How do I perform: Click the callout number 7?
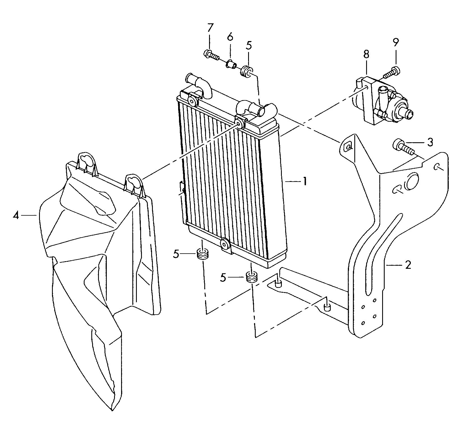pos(210,28)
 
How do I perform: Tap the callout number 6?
pos(230,37)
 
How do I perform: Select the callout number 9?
pos(395,42)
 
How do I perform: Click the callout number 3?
pos(430,143)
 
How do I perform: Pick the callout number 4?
pos(16,216)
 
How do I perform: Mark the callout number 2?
pos(408,265)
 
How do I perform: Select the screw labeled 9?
pos(391,71)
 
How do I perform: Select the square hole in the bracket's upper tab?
pos(348,146)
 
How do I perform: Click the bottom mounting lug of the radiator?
pos(225,244)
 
